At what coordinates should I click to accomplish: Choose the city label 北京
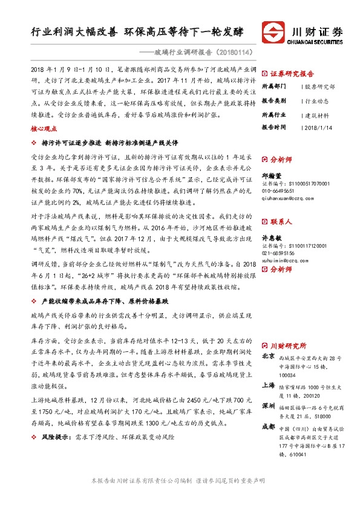(x=268, y=356)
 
